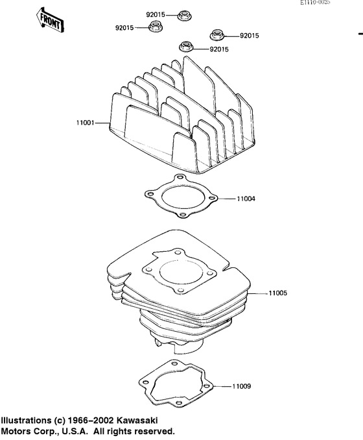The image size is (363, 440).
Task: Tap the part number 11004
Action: coord(246,198)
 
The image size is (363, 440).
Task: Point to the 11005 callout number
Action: coord(277,293)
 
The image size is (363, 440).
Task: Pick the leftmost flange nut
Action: coord(156,27)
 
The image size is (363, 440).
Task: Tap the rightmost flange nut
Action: coord(216,35)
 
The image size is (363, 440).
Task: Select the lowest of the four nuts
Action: coord(186,47)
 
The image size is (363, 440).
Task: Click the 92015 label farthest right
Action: coord(249,36)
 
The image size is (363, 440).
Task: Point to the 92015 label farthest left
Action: coord(124,28)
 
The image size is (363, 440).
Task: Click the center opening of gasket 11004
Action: coord(178,199)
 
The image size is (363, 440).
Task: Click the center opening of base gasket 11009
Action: coord(174,387)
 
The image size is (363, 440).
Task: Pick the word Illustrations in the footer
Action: coord(27,421)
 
